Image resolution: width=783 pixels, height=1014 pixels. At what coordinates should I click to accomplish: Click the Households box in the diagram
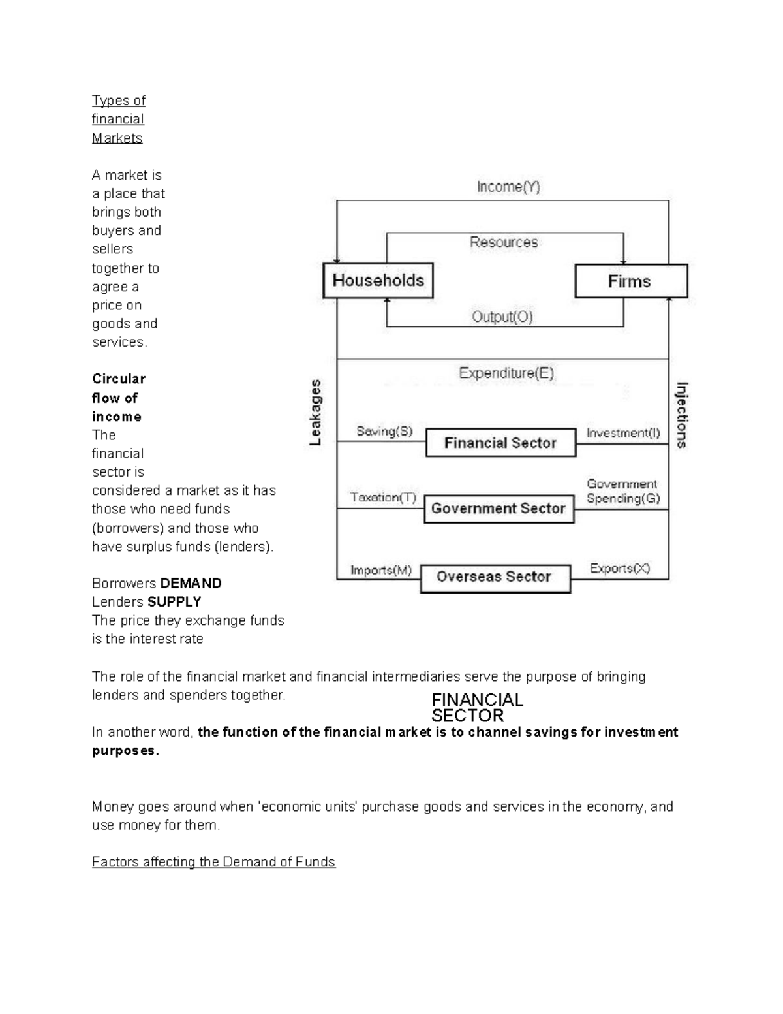[x=378, y=281]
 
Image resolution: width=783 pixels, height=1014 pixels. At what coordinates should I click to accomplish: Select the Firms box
[x=630, y=281]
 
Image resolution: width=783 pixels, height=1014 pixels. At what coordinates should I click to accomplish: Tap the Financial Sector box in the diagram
[x=500, y=443]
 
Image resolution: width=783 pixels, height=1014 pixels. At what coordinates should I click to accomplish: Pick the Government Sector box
[x=499, y=509]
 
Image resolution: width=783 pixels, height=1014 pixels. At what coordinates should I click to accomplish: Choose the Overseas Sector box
[x=495, y=577]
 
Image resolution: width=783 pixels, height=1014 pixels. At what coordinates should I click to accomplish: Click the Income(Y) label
[x=508, y=187]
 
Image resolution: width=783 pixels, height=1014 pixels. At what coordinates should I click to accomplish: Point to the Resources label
[x=504, y=242]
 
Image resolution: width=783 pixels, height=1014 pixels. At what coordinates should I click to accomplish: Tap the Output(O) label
[x=502, y=317]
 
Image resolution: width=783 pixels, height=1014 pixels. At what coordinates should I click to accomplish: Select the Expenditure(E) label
[x=506, y=373]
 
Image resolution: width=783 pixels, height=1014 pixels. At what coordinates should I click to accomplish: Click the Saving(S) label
[x=384, y=432]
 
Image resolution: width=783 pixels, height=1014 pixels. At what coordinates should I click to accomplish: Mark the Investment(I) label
[x=623, y=433]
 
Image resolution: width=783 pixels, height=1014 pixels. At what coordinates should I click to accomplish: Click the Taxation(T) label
[x=383, y=498]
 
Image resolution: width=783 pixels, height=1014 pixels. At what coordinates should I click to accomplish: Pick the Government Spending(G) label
[x=622, y=492]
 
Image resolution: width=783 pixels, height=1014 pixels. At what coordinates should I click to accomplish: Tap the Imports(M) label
[x=381, y=570]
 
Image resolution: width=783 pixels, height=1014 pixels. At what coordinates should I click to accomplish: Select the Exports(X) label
[x=620, y=569]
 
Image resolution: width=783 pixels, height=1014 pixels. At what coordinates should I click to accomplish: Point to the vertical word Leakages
[x=316, y=413]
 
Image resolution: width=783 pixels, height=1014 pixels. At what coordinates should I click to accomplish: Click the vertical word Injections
[x=681, y=415]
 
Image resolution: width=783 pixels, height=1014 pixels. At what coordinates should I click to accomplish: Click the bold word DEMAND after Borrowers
[x=191, y=583]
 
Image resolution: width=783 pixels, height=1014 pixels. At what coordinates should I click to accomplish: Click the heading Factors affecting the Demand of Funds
[x=213, y=862]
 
